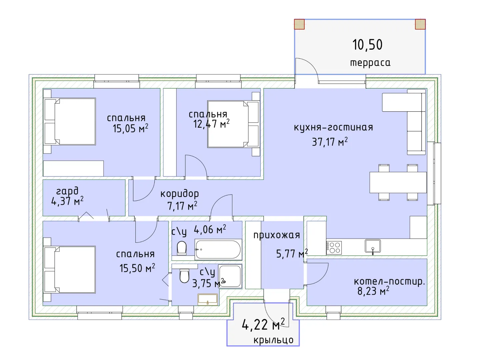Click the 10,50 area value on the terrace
point(367,45)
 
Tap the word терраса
point(370,63)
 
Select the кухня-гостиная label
point(333,127)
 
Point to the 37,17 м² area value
point(330,142)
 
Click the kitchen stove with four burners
point(334,248)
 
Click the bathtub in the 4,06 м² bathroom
point(218,250)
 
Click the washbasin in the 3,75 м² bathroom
point(208,299)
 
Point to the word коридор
point(180,194)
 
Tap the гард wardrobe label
point(67,191)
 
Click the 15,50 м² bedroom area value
point(137,268)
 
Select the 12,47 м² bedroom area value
point(211,124)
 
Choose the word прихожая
point(277,235)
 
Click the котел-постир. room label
point(389,282)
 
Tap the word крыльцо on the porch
point(274,340)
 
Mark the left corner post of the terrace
point(299,24)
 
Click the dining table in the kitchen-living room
point(398,183)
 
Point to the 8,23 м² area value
point(373,291)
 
